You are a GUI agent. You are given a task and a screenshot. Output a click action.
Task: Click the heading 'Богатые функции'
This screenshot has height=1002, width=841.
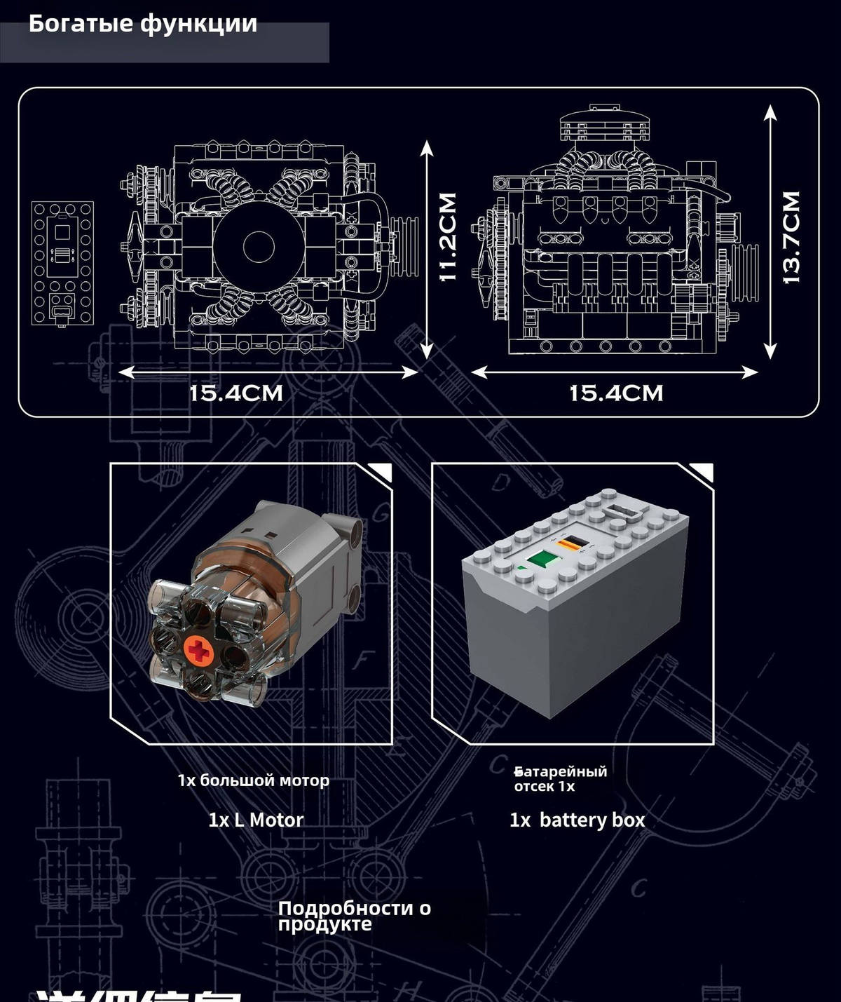point(143,24)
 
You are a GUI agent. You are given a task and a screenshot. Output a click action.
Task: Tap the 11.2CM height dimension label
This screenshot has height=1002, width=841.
point(447,237)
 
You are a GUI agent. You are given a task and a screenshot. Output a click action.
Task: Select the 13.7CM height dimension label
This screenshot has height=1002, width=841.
point(790,237)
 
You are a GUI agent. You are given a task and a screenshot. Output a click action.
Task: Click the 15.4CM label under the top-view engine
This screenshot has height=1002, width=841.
point(236,393)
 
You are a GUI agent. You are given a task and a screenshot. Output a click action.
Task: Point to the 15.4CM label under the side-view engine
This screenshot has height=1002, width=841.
point(616,393)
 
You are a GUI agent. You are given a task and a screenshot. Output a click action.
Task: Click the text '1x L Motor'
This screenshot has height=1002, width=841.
point(256,820)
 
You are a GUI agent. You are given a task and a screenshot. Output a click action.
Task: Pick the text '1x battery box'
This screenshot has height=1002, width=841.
point(577,820)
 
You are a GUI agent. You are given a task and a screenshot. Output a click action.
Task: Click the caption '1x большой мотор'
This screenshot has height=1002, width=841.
point(253,780)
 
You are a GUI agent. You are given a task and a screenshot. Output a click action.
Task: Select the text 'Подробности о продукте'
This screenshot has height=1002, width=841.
point(354,916)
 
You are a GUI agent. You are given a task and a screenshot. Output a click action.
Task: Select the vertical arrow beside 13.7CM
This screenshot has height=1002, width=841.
point(770,231)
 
